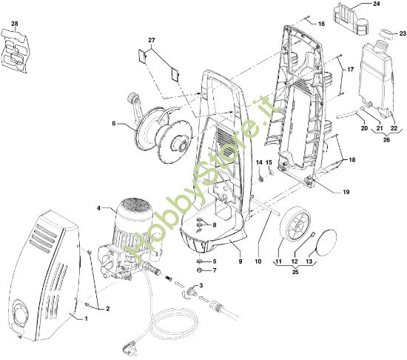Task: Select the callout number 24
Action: [376, 4]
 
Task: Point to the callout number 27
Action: [152, 39]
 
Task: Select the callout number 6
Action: [113, 124]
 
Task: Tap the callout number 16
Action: [321, 24]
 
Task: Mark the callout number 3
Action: [199, 285]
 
